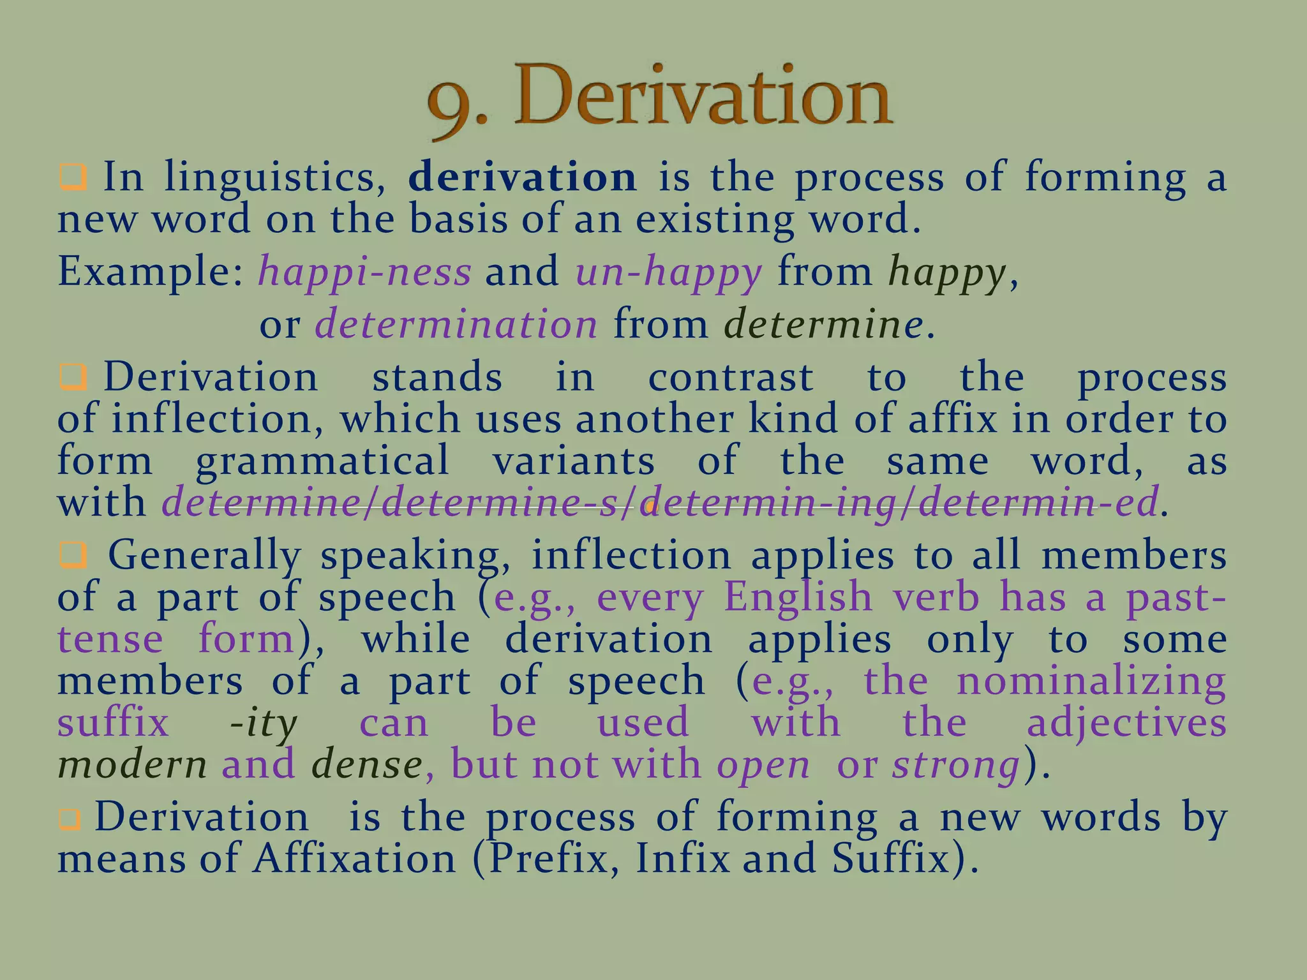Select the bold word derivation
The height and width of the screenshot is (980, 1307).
(522, 177)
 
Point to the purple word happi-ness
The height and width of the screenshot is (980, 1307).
(364, 272)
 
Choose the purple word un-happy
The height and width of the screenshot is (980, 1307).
(669, 272)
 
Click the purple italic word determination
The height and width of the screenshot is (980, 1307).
(456, 324)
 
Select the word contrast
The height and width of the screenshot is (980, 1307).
(730, 377)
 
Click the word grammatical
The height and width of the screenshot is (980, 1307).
(322, 461)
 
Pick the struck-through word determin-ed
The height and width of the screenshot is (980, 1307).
(1037, 503)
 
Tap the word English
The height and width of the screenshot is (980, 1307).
(798, 597)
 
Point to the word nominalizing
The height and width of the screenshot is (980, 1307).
(1091, 681)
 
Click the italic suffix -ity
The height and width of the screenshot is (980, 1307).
(263, 724)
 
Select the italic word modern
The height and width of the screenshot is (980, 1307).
(132, 764)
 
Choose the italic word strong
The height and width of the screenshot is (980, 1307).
(955, 764)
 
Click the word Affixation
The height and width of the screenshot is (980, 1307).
(354, 859)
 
